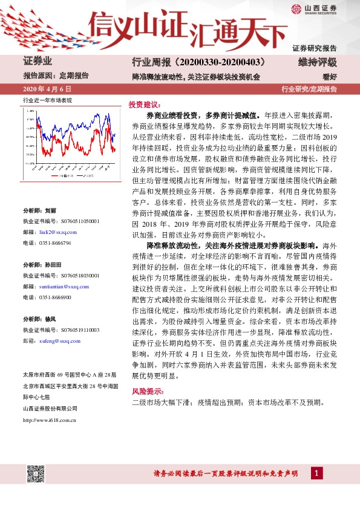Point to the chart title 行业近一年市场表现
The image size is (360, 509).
click(x=47, y=100)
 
